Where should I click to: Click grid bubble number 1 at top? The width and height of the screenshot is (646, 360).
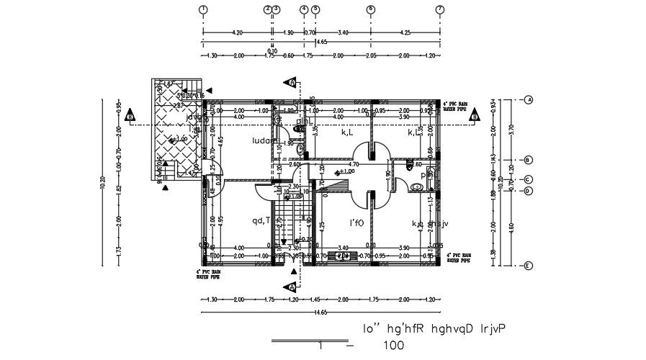coord(203,9)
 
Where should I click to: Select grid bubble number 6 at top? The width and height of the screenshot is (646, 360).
coord(370,9)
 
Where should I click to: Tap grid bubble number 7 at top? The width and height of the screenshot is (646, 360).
coord(439,9)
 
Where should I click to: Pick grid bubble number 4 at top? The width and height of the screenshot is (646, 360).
coord(304,9)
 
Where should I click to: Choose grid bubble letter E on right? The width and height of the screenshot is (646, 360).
coord(528,266)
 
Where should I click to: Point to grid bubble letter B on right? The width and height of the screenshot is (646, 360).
coord(528,160)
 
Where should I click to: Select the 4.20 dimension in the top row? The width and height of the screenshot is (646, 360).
coord(237,32)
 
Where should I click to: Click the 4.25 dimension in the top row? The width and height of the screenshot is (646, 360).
coord(405,32)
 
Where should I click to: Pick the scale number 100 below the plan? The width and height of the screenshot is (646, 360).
coord(393,346)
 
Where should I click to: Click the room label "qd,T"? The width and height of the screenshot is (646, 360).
coord(261,220)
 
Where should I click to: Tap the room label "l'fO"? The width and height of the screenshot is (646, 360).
coord(356,223)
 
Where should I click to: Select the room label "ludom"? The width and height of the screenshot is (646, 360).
coord(264,142)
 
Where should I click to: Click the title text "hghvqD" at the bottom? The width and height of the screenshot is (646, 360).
coord(452,329)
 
